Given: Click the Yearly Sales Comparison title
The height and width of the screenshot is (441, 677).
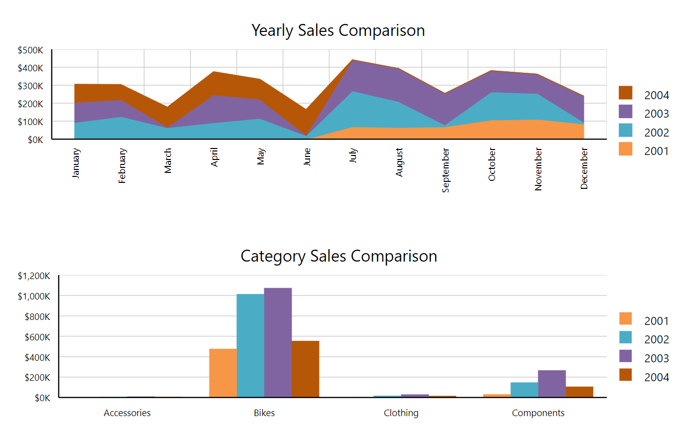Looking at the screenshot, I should (x=338, y=30).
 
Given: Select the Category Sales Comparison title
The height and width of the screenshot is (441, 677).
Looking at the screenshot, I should (x=338, y=256).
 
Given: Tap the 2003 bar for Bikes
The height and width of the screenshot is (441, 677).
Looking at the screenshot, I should (x=278, y=342).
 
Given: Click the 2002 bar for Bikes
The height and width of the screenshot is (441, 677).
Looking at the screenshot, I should (x=250, y=345).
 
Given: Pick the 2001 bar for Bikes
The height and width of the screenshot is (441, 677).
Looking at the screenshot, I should (x=223, y=373).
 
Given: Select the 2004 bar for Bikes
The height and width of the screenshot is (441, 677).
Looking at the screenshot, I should (x=305, y=369).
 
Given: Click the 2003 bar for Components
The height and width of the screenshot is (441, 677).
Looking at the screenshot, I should (x=552, y=384).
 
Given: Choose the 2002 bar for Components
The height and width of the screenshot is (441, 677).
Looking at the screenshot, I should (x=524, y=390).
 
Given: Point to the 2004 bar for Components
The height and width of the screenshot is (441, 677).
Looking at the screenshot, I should (x=579, y=392).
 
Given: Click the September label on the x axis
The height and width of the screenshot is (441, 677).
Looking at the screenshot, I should (x=446, y=170).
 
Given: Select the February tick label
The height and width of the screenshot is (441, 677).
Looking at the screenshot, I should (x=123, y=165).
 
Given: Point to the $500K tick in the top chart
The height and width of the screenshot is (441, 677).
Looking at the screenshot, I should (x=31, y=50).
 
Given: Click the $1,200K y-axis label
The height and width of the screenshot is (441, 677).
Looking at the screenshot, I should (x=34, y=276).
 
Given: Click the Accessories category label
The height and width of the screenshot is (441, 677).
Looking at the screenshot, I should (x=127, y=413).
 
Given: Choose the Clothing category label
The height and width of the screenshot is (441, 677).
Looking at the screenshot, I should (x=401, y=413).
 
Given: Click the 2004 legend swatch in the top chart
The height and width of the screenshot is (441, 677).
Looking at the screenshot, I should (x=625, y=93).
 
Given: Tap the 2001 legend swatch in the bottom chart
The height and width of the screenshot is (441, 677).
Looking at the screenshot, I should (x=625, y=319).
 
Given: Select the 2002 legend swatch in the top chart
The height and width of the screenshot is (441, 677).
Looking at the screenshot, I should (x=625, y=130).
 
